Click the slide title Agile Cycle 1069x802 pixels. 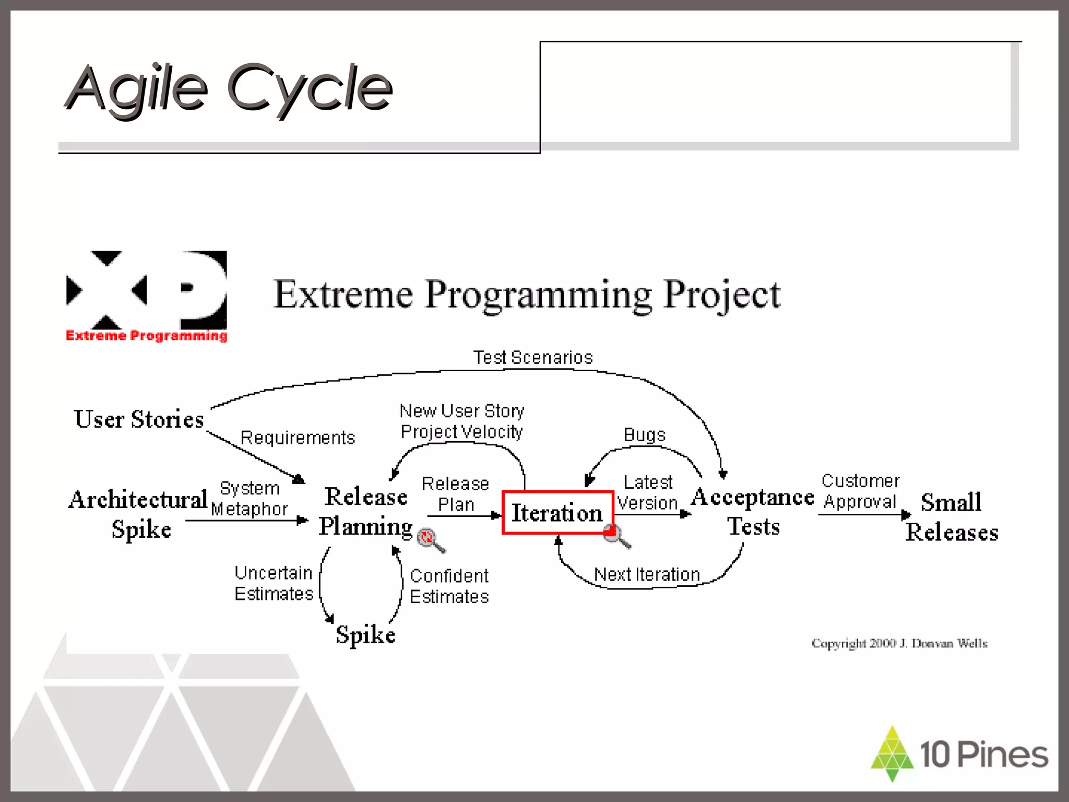pos(230,88)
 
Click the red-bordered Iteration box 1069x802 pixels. pos(557,513)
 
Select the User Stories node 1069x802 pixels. pos(139,419)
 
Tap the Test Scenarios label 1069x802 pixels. pos(533,358)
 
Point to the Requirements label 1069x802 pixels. pos(298,438)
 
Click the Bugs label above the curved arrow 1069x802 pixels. pos(645,435)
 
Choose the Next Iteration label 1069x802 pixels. pos(647,574)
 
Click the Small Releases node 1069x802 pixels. pos(952,517)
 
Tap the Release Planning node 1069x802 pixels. pos(366,511)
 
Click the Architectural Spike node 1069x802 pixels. pos(139,514)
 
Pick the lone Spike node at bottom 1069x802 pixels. pos(365,635)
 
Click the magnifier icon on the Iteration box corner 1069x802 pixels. pos(616,536)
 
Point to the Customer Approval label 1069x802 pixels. pos(860,491)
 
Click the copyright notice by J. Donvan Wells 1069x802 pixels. pos(899,643)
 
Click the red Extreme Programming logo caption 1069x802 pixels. pos(146,335)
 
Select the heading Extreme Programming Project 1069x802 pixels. pos(527,295)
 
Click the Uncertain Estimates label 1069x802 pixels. pos(274,583)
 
